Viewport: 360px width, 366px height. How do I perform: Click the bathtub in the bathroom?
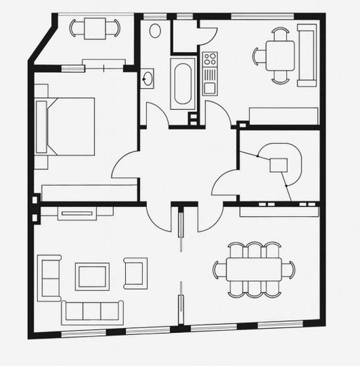click(x=182, y=83)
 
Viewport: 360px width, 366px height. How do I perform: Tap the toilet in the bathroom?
click(x=155, y=31)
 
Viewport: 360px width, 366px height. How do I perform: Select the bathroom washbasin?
click(x=148, y=77)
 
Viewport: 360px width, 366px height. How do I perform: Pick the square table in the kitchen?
click(x=281, y=56)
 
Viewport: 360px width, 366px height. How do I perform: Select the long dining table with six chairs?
click(x=254, y=270)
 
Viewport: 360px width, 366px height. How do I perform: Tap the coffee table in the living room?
click(x=93, y=275)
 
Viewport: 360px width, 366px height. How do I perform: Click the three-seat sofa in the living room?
click(x=92, y=310)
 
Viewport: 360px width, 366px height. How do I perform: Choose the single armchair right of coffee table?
click(x=136, y=272)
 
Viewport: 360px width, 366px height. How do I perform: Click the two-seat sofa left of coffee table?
click(x=49, y=277)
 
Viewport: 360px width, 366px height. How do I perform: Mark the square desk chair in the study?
click(x=280, y=165)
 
